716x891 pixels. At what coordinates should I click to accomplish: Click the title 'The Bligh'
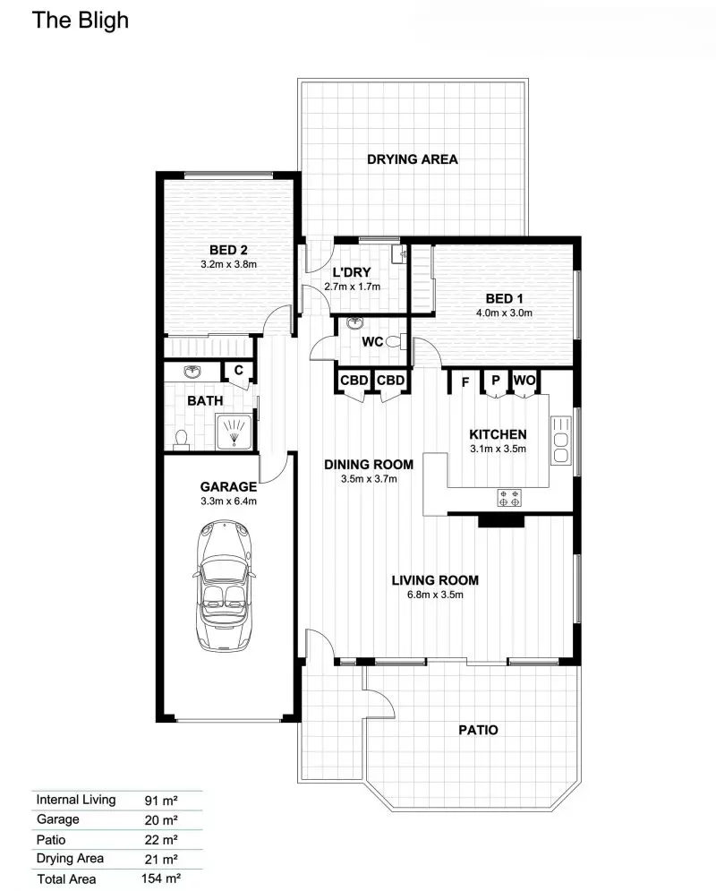click(x=81, y=21)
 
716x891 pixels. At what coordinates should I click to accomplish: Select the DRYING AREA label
click(x=413, y=159)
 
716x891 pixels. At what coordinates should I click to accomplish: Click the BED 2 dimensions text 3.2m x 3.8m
click(x=228, y=265)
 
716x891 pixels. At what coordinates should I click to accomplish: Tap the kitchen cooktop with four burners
click(x=510, y=498)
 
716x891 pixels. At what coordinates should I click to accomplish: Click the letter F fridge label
click(x=465, y=381)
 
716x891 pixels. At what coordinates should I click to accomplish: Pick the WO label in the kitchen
click(x=524, y=381)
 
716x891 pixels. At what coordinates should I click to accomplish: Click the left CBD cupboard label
click(x=354, y=381)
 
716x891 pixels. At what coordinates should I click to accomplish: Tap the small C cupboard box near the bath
click(x=239, y=371)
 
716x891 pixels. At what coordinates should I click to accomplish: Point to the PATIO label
click(x=478, y=730)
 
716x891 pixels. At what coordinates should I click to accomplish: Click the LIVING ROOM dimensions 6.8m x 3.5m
click(x=435, y=594)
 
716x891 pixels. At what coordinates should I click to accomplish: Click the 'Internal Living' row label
click(x=75, y=800)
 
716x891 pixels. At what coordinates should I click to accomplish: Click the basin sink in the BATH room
click(x=192, y=372)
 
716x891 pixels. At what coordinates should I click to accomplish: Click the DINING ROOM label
click(x=369, y=464)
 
